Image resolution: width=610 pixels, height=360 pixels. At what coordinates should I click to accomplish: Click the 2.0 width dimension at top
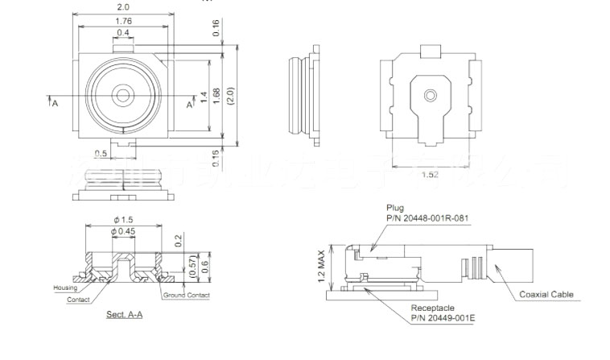(x=123, y=6)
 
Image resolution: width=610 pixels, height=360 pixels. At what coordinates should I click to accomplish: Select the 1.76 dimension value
(x=123, y=21)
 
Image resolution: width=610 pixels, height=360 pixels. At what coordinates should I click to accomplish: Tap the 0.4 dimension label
(x=123, y=33)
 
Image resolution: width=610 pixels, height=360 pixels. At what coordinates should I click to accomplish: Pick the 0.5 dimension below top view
(x=101, y=153)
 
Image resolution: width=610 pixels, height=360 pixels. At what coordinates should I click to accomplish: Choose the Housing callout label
(x=64, y=288)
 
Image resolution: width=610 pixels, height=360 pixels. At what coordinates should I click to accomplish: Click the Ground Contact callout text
(x=187, y=296)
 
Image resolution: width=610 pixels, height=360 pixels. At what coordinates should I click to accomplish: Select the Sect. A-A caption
(x=125, y=314)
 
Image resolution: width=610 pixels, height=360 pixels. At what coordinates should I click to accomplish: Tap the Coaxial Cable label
(x=546, y=295)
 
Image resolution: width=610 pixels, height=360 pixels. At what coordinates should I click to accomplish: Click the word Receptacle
(x=433, y=308)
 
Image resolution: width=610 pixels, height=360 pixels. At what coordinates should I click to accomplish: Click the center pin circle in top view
(x=123, y=95)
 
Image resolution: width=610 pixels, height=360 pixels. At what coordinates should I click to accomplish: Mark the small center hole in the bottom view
(x=431, y=95)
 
